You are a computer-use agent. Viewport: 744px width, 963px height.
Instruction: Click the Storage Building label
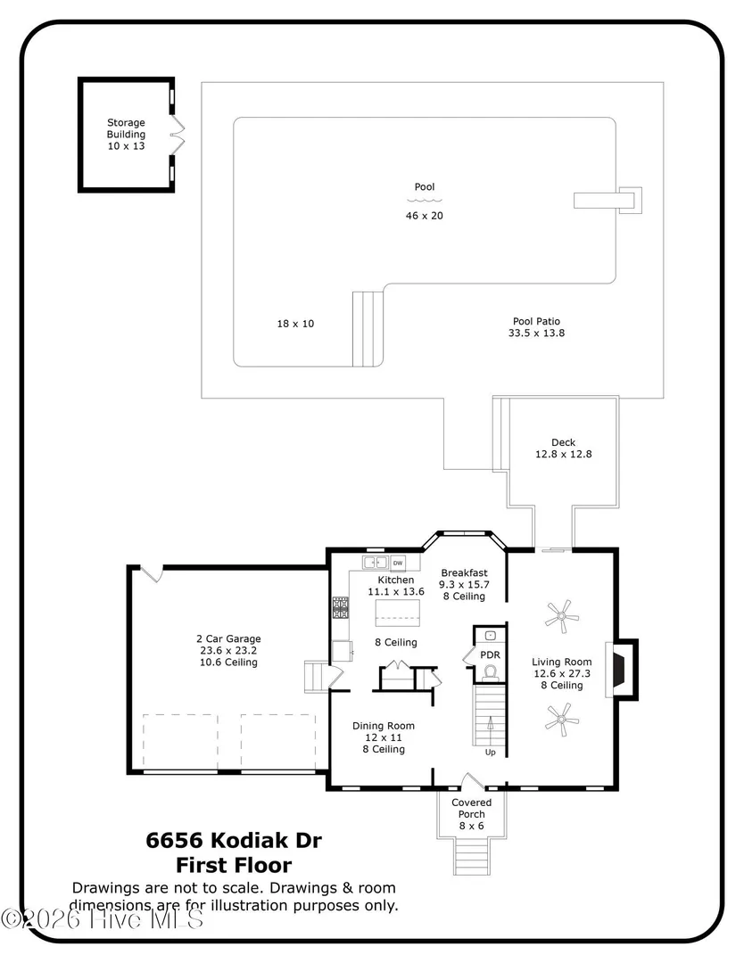126,128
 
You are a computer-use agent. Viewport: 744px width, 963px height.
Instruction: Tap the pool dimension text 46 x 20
424,216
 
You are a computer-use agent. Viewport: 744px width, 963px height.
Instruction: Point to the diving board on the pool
608,201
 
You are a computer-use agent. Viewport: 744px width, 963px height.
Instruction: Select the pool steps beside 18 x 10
368,329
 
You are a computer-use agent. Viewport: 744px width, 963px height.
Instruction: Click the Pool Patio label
536,321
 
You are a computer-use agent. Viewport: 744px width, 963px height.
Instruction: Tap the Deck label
564,442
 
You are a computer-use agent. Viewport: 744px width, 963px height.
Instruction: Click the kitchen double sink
375,563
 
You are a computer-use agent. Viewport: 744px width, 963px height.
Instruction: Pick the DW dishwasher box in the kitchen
398,563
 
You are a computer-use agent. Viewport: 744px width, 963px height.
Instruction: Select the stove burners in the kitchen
341,607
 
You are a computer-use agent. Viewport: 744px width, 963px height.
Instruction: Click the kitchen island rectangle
398,613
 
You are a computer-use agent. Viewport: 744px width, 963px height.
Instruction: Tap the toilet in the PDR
490,673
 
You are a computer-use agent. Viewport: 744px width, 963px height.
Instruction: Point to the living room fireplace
622,670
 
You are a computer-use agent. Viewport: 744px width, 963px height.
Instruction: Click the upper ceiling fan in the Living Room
561,616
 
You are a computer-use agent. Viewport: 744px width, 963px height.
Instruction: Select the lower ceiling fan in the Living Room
561,720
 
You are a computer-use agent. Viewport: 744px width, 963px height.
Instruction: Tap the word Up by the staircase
491,753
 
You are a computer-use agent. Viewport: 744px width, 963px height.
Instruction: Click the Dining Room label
384,726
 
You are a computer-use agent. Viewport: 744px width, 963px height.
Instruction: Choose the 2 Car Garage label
228,638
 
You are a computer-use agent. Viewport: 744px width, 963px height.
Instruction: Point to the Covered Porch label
471,808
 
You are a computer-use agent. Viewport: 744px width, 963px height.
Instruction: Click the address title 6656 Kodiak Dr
234,840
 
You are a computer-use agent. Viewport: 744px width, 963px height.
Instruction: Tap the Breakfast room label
464,573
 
